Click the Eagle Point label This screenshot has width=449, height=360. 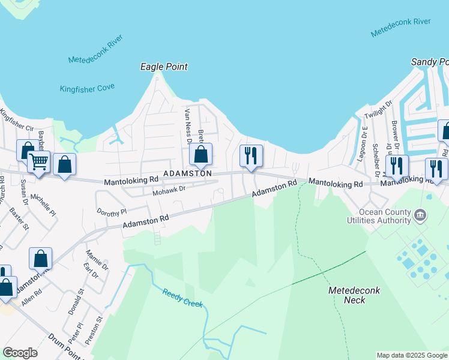(x=164, y=67)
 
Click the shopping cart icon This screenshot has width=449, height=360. (x=39, y=161)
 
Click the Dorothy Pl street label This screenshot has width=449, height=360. (x=112, y=212)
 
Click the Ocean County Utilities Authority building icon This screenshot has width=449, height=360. (x=420, y=214)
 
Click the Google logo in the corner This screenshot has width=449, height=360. (x=20, y=353)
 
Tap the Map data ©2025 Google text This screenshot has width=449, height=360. (x=412, y=355)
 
